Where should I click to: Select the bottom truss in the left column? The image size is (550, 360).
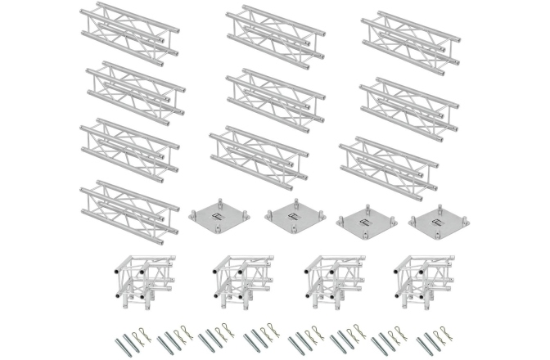click(129, 206)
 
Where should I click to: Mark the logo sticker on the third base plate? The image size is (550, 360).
click(366, 218)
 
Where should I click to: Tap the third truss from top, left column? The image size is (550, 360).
click(129, 147)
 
